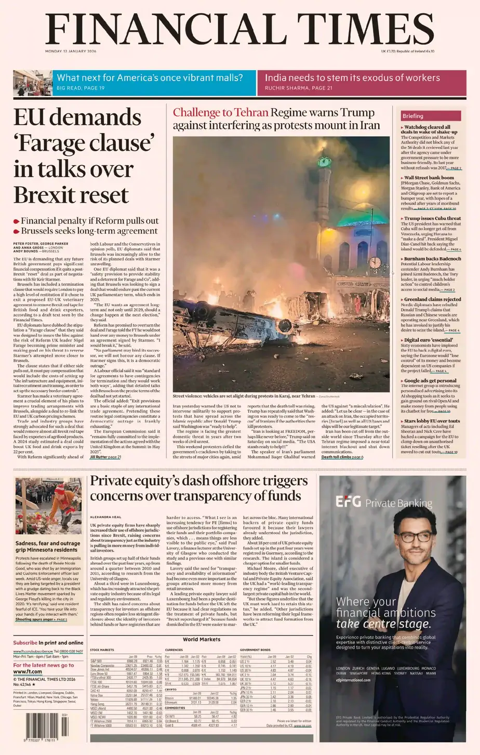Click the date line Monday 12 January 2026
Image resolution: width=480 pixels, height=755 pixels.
71,51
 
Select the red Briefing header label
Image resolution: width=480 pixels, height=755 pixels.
413,116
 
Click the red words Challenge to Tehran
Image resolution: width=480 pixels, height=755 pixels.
220,113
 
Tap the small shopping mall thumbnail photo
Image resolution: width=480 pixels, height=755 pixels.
33,82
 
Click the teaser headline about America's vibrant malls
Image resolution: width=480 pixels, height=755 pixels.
150,78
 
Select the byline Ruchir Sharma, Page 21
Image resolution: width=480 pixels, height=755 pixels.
298,88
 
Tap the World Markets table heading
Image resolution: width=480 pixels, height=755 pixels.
202,639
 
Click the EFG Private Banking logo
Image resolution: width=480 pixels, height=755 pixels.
383,502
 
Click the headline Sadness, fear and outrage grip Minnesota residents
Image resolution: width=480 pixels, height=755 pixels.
48,547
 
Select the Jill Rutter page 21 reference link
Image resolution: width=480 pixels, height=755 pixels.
105,457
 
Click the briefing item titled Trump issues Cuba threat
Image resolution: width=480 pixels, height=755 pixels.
432,218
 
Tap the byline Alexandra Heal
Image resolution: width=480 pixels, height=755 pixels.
105,517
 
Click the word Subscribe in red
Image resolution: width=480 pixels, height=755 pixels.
25,643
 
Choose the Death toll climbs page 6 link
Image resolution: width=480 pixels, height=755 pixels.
342,457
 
